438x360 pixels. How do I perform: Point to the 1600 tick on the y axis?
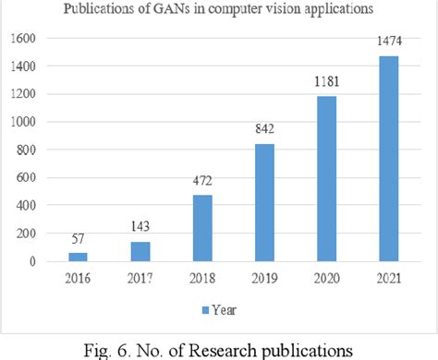[28, 40]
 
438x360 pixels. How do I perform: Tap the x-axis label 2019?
[263, 276]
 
